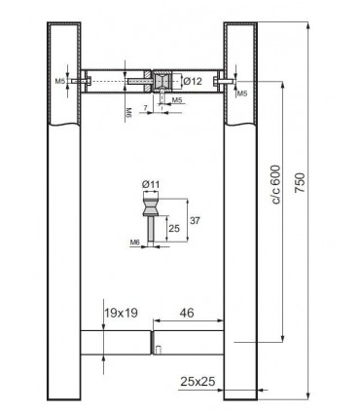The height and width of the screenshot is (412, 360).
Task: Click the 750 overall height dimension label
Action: click(x=300, y=183)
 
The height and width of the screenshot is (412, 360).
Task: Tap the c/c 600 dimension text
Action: click(x=275, y=184)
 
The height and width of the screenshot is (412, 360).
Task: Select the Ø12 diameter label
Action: click(x=193, y=81)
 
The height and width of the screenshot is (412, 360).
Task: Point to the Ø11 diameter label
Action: click(x=151, y=184)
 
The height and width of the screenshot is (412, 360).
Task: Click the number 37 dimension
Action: click(x=195, y=221)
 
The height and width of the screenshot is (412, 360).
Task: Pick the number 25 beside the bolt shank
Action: click(x=174, y=229)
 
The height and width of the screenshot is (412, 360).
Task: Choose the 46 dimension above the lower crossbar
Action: click(x=187, y=313)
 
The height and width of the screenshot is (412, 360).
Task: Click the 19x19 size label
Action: click(x=121, y=313)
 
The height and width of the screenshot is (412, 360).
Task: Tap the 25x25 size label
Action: click(x=198, y=382)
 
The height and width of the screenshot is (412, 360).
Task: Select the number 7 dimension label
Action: click(x=145, y=107)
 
